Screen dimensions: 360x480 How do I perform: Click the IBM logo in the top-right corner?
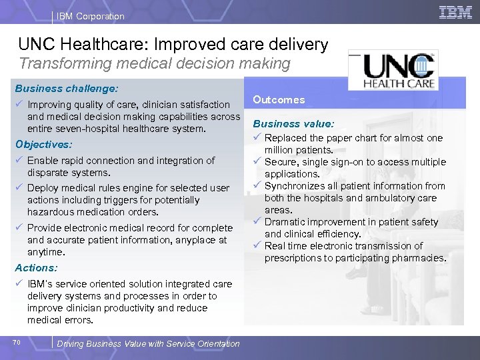pos(455,12)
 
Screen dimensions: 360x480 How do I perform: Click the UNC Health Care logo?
pos(399,70)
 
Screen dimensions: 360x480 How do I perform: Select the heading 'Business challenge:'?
pos(67,88)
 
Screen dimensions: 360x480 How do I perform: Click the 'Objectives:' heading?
pos(43,144)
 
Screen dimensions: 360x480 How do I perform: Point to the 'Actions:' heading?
pos(36,267)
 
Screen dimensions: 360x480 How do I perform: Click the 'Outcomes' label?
pos(279,100)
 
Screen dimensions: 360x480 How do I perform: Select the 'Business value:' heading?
pos(293,123)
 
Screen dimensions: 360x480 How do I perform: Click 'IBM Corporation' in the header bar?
pos(91,16)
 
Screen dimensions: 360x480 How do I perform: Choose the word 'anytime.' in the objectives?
pos(46,252)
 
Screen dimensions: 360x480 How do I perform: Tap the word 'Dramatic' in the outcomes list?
pos(284,222)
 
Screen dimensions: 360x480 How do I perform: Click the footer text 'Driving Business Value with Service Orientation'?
pos(149,344)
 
